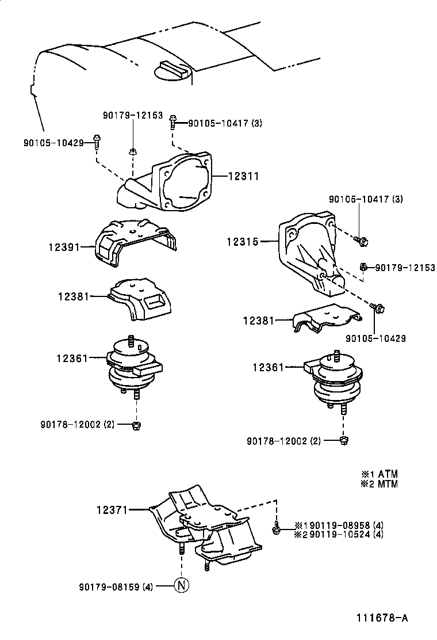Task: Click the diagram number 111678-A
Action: pos(381,618)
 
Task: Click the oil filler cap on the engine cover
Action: pos(172,71)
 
